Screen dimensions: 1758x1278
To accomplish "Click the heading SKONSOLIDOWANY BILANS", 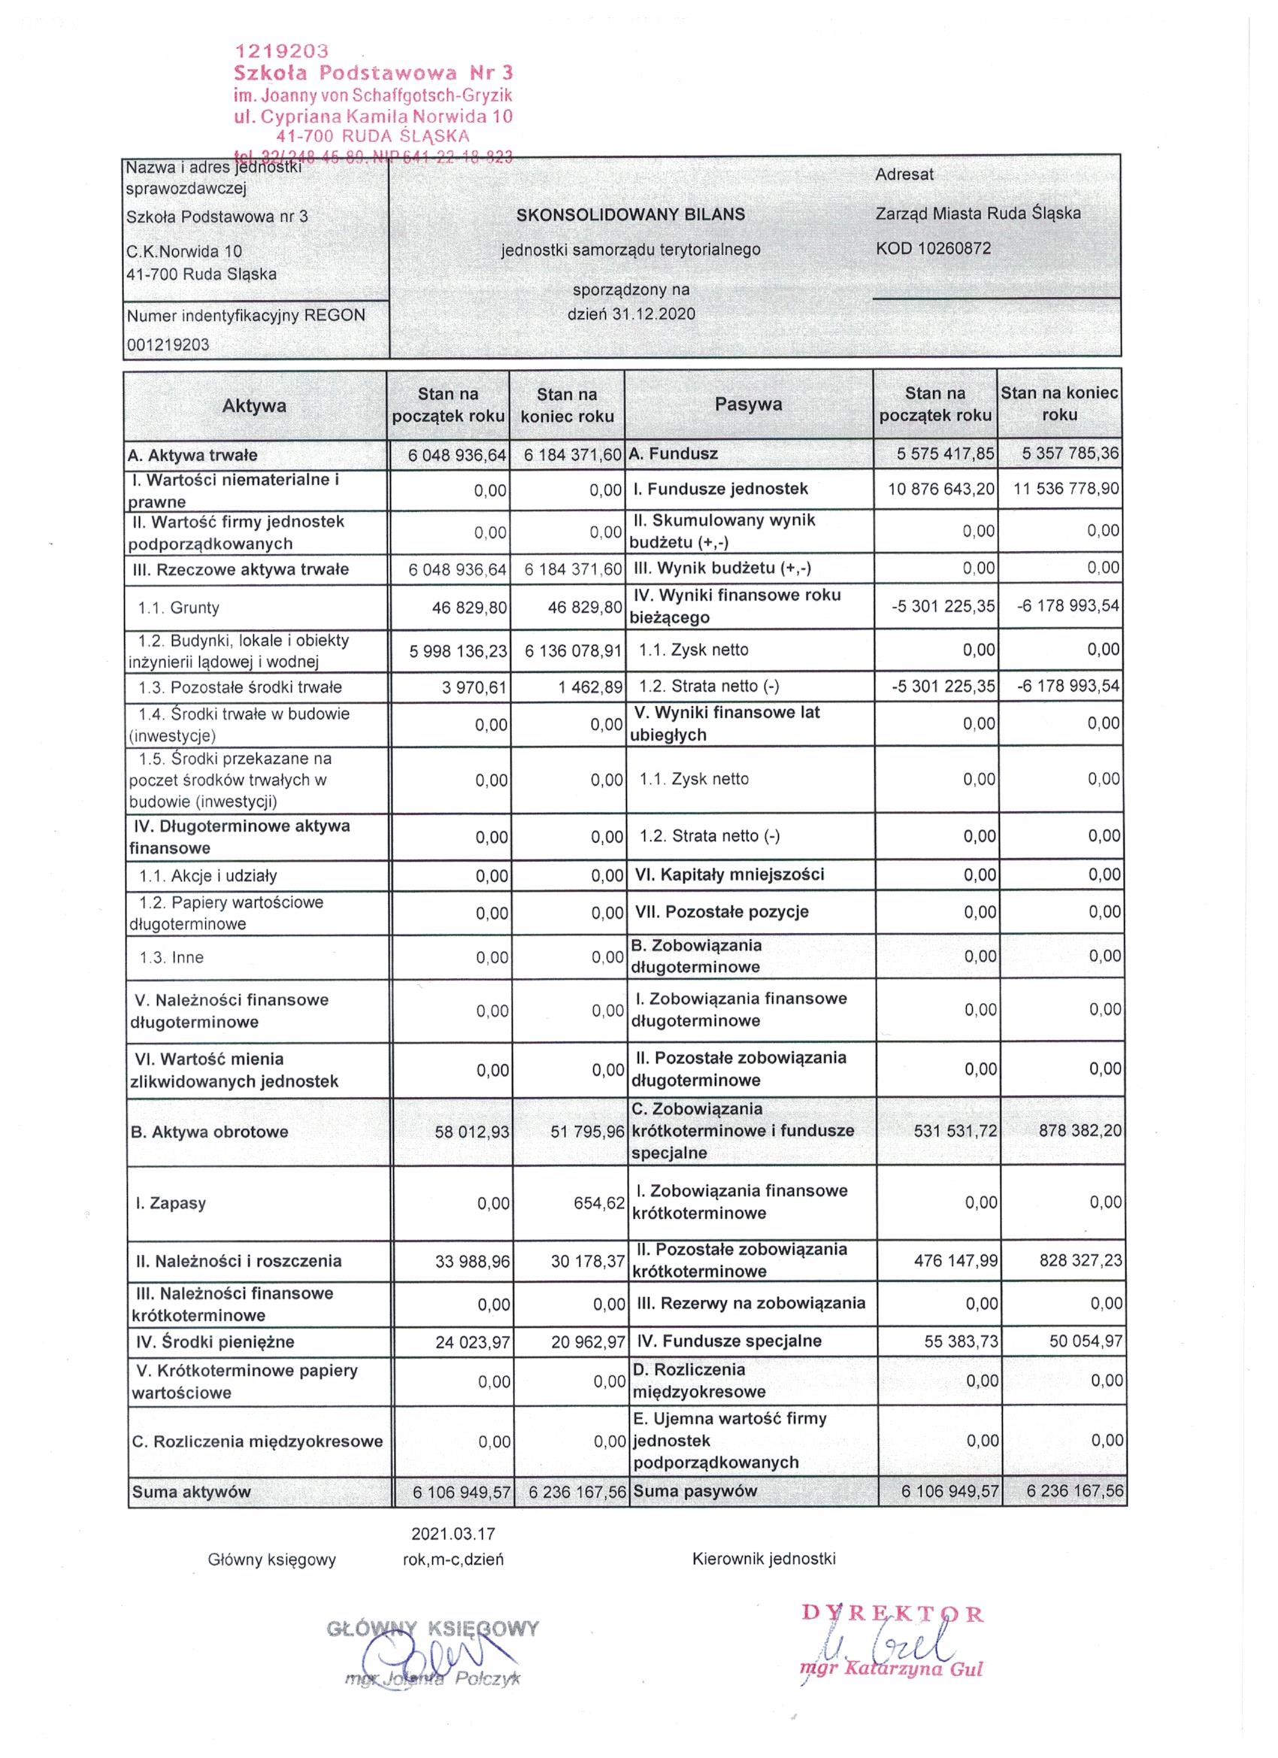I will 630,214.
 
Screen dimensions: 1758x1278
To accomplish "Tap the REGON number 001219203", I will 168,344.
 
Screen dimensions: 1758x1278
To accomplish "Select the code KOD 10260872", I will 933,248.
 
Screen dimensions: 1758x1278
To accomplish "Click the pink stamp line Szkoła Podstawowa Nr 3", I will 373,73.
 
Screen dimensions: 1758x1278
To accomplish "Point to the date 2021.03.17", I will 453,1533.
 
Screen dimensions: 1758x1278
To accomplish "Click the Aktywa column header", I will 254,405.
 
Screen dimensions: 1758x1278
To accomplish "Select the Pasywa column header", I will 748,404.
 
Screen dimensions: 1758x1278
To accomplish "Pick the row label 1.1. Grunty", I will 178,608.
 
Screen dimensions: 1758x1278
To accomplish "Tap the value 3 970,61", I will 474,687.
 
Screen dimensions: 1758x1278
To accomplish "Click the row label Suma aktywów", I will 192,1491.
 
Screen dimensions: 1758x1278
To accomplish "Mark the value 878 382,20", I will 1080,1130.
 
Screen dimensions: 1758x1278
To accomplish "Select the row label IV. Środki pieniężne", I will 211,1341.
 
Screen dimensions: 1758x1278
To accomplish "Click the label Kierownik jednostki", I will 763,1559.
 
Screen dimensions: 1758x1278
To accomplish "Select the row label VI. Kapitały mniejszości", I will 729,874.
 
